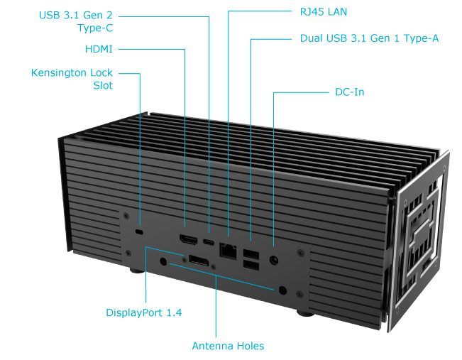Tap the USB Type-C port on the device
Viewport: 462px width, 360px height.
209,241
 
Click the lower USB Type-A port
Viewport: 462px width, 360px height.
251,265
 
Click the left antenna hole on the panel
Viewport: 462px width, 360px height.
165,262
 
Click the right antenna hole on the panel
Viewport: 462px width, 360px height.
284,290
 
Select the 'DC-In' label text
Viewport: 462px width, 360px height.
349,92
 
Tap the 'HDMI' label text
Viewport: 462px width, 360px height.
99,49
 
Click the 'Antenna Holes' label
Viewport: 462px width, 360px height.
228,346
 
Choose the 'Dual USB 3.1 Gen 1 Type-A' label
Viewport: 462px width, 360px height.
369,38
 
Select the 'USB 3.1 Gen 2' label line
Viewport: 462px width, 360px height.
77,14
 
